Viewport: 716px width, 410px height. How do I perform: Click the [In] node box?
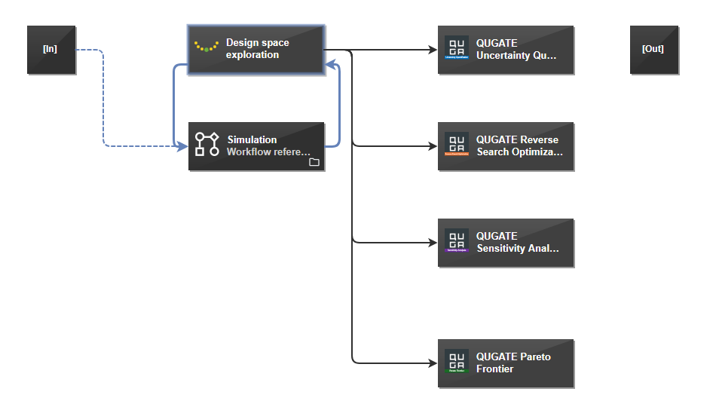point(51,50)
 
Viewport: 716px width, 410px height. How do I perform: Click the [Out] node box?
point(654,50)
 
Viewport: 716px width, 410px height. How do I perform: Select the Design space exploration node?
point(256,50)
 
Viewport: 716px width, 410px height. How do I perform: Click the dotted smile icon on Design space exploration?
point(207,47)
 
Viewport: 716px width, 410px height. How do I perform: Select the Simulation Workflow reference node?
point(256,146)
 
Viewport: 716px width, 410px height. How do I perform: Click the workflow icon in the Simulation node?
point(207,144)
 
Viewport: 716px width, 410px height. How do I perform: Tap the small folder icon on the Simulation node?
point(314,162)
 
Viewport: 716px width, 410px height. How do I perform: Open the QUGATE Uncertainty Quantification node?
point(506,50)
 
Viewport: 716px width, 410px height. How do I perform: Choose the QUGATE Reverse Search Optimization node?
point(506,146)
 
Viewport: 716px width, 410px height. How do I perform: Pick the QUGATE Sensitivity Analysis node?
point(506,243)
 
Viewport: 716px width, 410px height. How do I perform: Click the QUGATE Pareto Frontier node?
point(506,363)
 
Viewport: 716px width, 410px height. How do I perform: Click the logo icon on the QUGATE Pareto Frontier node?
point(456,361)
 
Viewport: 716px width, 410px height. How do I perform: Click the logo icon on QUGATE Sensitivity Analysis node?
point(456,240)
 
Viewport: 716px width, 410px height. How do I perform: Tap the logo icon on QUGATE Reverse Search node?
point(456,144)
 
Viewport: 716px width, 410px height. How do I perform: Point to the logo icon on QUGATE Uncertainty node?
point(456,47)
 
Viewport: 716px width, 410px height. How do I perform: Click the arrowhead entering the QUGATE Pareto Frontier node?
point(433,363)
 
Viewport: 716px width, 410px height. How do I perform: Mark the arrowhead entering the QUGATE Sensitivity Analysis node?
point(433,243)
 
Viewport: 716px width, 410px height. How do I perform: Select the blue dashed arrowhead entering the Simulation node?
point(182,145)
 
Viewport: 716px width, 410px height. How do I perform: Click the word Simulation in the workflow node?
point(252,139)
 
